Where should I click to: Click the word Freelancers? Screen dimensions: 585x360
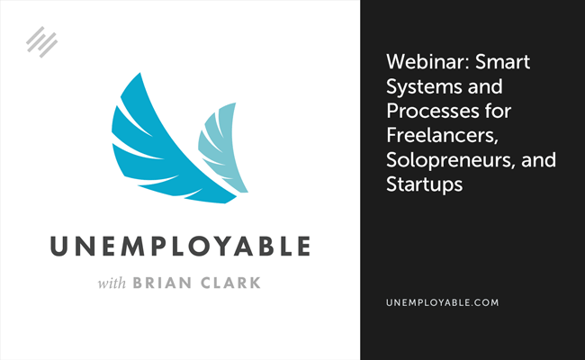(443, 135)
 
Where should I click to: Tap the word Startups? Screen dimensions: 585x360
(425, 184)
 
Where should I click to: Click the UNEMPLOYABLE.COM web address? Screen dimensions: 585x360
(443, 302)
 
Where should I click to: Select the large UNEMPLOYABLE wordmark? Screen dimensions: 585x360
(180, 247)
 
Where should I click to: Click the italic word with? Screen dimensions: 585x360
(112, 283)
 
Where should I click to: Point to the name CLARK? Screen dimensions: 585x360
(230, 283)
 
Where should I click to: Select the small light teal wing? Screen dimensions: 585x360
(222, 149)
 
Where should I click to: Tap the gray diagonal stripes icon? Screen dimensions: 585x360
(41, 42)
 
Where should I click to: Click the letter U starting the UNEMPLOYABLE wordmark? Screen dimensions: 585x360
(58, 247)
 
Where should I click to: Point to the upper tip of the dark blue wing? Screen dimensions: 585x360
(139, 73)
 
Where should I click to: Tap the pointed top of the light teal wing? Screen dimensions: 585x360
(235, 103)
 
